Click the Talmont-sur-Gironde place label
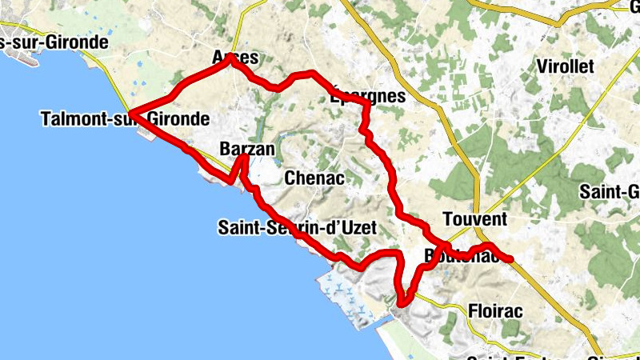[124, 120]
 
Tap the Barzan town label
[246, 150]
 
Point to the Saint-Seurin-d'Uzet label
[295, 228]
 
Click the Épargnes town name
[368, 97]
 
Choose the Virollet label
[566, 66]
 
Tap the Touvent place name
[474, 219]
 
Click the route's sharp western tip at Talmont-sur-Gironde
[131, 114]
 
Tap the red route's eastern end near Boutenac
[509, 258]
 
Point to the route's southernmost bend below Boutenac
[402, 302]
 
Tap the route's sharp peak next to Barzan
[243, 158]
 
